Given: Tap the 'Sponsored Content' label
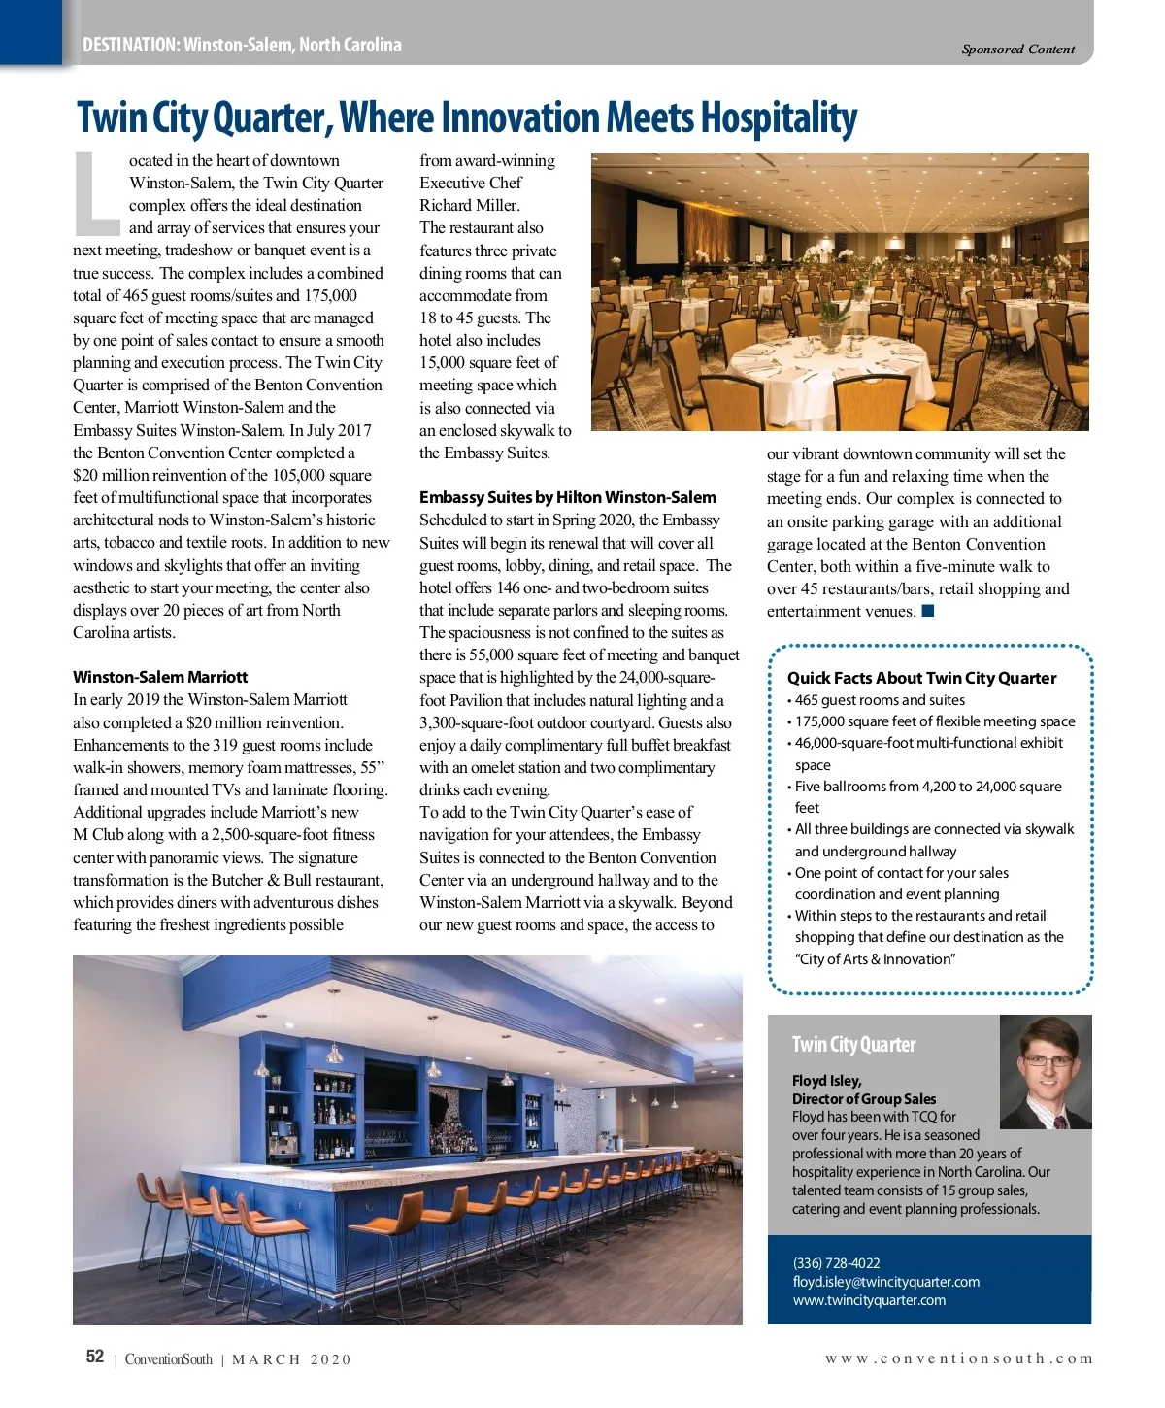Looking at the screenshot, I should pyautogui.click(x=1017, y=50).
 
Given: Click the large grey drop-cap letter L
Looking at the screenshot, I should pyautogui.click(x=96, y=194).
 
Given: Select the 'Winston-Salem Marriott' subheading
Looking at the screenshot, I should pyautogui.click(x=160, y=677).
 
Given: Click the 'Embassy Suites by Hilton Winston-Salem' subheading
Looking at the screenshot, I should pyautogui.click(x=568, y=497).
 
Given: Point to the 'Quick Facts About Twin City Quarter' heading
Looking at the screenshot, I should pyautogui.click(x=921, y=678).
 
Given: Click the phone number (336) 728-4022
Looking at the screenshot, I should pyautogui.click(x=836, y=1263).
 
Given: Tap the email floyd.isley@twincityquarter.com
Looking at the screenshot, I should pyautogui.click(x=885, y=1282).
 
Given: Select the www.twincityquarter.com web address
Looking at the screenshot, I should pyautogui.click(x=869, y=1300).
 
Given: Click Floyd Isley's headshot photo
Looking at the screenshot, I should pyautogui.click(x=1045, y=1071).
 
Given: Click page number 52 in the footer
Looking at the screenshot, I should pyautogui.click(x=95, y=1357).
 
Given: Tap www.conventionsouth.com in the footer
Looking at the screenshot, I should pyautogui.click(x=958, y=1358).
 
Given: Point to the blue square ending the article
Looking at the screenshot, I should pyautogui.click(x=928, y=611).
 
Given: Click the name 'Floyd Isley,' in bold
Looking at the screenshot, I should pyautogui.click(x=826, y=1080).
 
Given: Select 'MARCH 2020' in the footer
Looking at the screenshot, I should pyautogui.click(x=291, y=1359).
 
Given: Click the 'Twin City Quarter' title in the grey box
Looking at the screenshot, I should pyautogui.click(x=853, y=1045).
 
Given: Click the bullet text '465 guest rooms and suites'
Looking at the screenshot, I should pyautogui.click(x=880, y=700).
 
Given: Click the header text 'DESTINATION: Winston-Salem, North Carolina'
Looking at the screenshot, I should pyautogui.click(x=242, y=45).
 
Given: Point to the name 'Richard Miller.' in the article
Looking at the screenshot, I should pyautogui.click(x=470, y=205).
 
